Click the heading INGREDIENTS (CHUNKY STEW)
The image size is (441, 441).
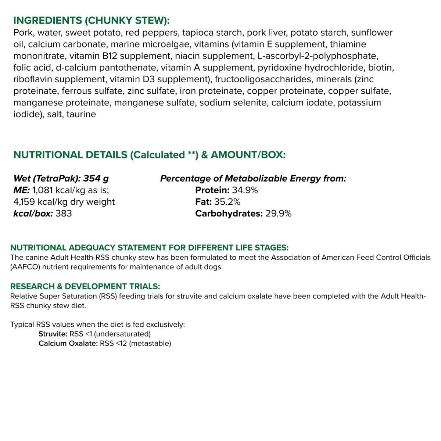point(91,21)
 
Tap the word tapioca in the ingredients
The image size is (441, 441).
point(200,33)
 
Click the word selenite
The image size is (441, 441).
point(251,103)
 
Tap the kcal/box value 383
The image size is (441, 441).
point(64,214)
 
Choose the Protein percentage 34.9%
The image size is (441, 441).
point(245,190)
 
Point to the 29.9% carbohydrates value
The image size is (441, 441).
point(278,214)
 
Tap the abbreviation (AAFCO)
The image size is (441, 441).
point(25,267)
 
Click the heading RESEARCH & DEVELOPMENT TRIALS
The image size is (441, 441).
point(85,286)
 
